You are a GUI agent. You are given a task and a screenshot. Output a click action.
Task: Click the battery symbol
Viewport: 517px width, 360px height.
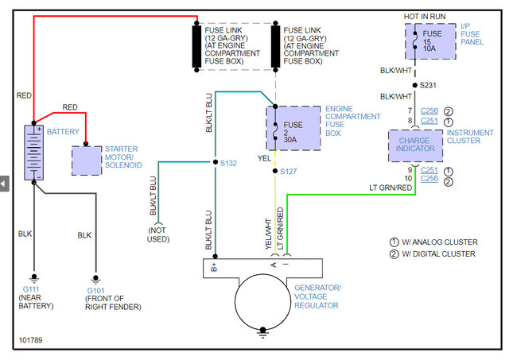coord(34,153)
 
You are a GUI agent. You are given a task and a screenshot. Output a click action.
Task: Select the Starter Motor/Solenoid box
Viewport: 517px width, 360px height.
coord(87,161)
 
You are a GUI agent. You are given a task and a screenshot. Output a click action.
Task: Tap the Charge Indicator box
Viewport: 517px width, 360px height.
coord(415,145)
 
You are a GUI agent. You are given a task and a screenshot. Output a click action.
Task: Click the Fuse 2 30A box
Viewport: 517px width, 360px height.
coord(293,128)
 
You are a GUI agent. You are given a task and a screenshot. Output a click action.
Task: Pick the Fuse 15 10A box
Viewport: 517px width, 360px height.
coord(430,41)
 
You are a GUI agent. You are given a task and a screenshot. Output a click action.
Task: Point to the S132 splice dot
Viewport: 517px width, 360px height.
coord(216,162)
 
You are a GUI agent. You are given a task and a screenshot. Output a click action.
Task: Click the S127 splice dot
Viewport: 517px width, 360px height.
coord(275,171)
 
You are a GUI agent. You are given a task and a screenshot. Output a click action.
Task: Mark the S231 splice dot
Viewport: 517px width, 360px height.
coord(414,85)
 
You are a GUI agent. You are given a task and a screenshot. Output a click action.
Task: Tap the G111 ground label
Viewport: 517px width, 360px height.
coord(31,289)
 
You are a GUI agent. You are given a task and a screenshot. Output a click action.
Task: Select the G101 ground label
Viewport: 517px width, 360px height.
coord(95,291)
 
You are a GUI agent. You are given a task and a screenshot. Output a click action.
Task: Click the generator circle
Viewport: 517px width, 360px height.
coord(262,302)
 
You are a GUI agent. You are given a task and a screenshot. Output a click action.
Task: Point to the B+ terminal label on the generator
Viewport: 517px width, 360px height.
coord(214,267)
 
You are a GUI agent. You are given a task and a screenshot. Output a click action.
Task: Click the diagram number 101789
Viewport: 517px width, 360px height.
coord(31,340)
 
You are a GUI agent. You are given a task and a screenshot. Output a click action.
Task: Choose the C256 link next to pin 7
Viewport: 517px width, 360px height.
coord(430,110)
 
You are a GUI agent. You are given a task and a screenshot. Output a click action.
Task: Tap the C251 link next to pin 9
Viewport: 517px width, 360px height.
coord(430,170)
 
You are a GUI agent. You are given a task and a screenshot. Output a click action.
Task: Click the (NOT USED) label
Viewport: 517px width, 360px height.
coord(158,234)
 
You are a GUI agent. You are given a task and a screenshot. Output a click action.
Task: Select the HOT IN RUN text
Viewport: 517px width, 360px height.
coord(425,17)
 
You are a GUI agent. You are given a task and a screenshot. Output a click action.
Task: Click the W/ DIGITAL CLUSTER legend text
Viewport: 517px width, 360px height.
coord(438,254)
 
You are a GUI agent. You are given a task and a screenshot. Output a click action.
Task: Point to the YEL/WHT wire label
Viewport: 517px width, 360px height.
coord(268,234)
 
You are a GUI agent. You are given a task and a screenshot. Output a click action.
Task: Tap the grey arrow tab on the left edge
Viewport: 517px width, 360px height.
coord(4,184)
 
